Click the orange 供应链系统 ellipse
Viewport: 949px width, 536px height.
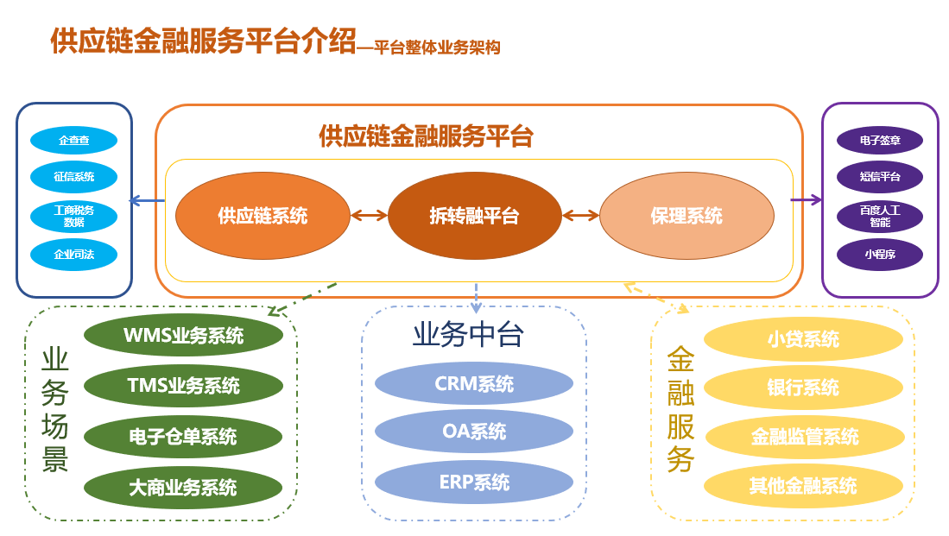coord(263,216)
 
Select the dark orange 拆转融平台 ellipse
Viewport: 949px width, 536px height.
coord(474,216)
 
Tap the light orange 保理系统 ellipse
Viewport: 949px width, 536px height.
coord(686,216)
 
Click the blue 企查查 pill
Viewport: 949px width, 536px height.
coord(73,140)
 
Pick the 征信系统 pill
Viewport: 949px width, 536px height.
coord(73,177)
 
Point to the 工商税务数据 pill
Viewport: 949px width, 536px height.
coord(73,216)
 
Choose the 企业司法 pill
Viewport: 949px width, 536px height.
coord(73,255)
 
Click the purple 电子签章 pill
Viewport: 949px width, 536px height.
coord(880,140)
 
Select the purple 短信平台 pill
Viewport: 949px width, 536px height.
coord(880,177)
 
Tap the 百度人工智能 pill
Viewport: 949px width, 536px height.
coord(880,216)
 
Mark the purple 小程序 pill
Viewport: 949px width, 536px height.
coord(880,255)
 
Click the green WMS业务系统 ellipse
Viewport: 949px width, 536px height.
coord(183,336)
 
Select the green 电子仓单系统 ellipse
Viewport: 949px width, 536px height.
coord(183,438)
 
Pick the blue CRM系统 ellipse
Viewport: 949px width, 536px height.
coord(474,383)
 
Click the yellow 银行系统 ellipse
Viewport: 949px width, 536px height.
coord(803,388)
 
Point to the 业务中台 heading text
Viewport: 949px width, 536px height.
coord(468,335)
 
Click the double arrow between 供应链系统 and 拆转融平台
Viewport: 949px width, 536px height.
coord(369,216)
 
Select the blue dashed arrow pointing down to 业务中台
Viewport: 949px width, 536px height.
coord(476,297)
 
